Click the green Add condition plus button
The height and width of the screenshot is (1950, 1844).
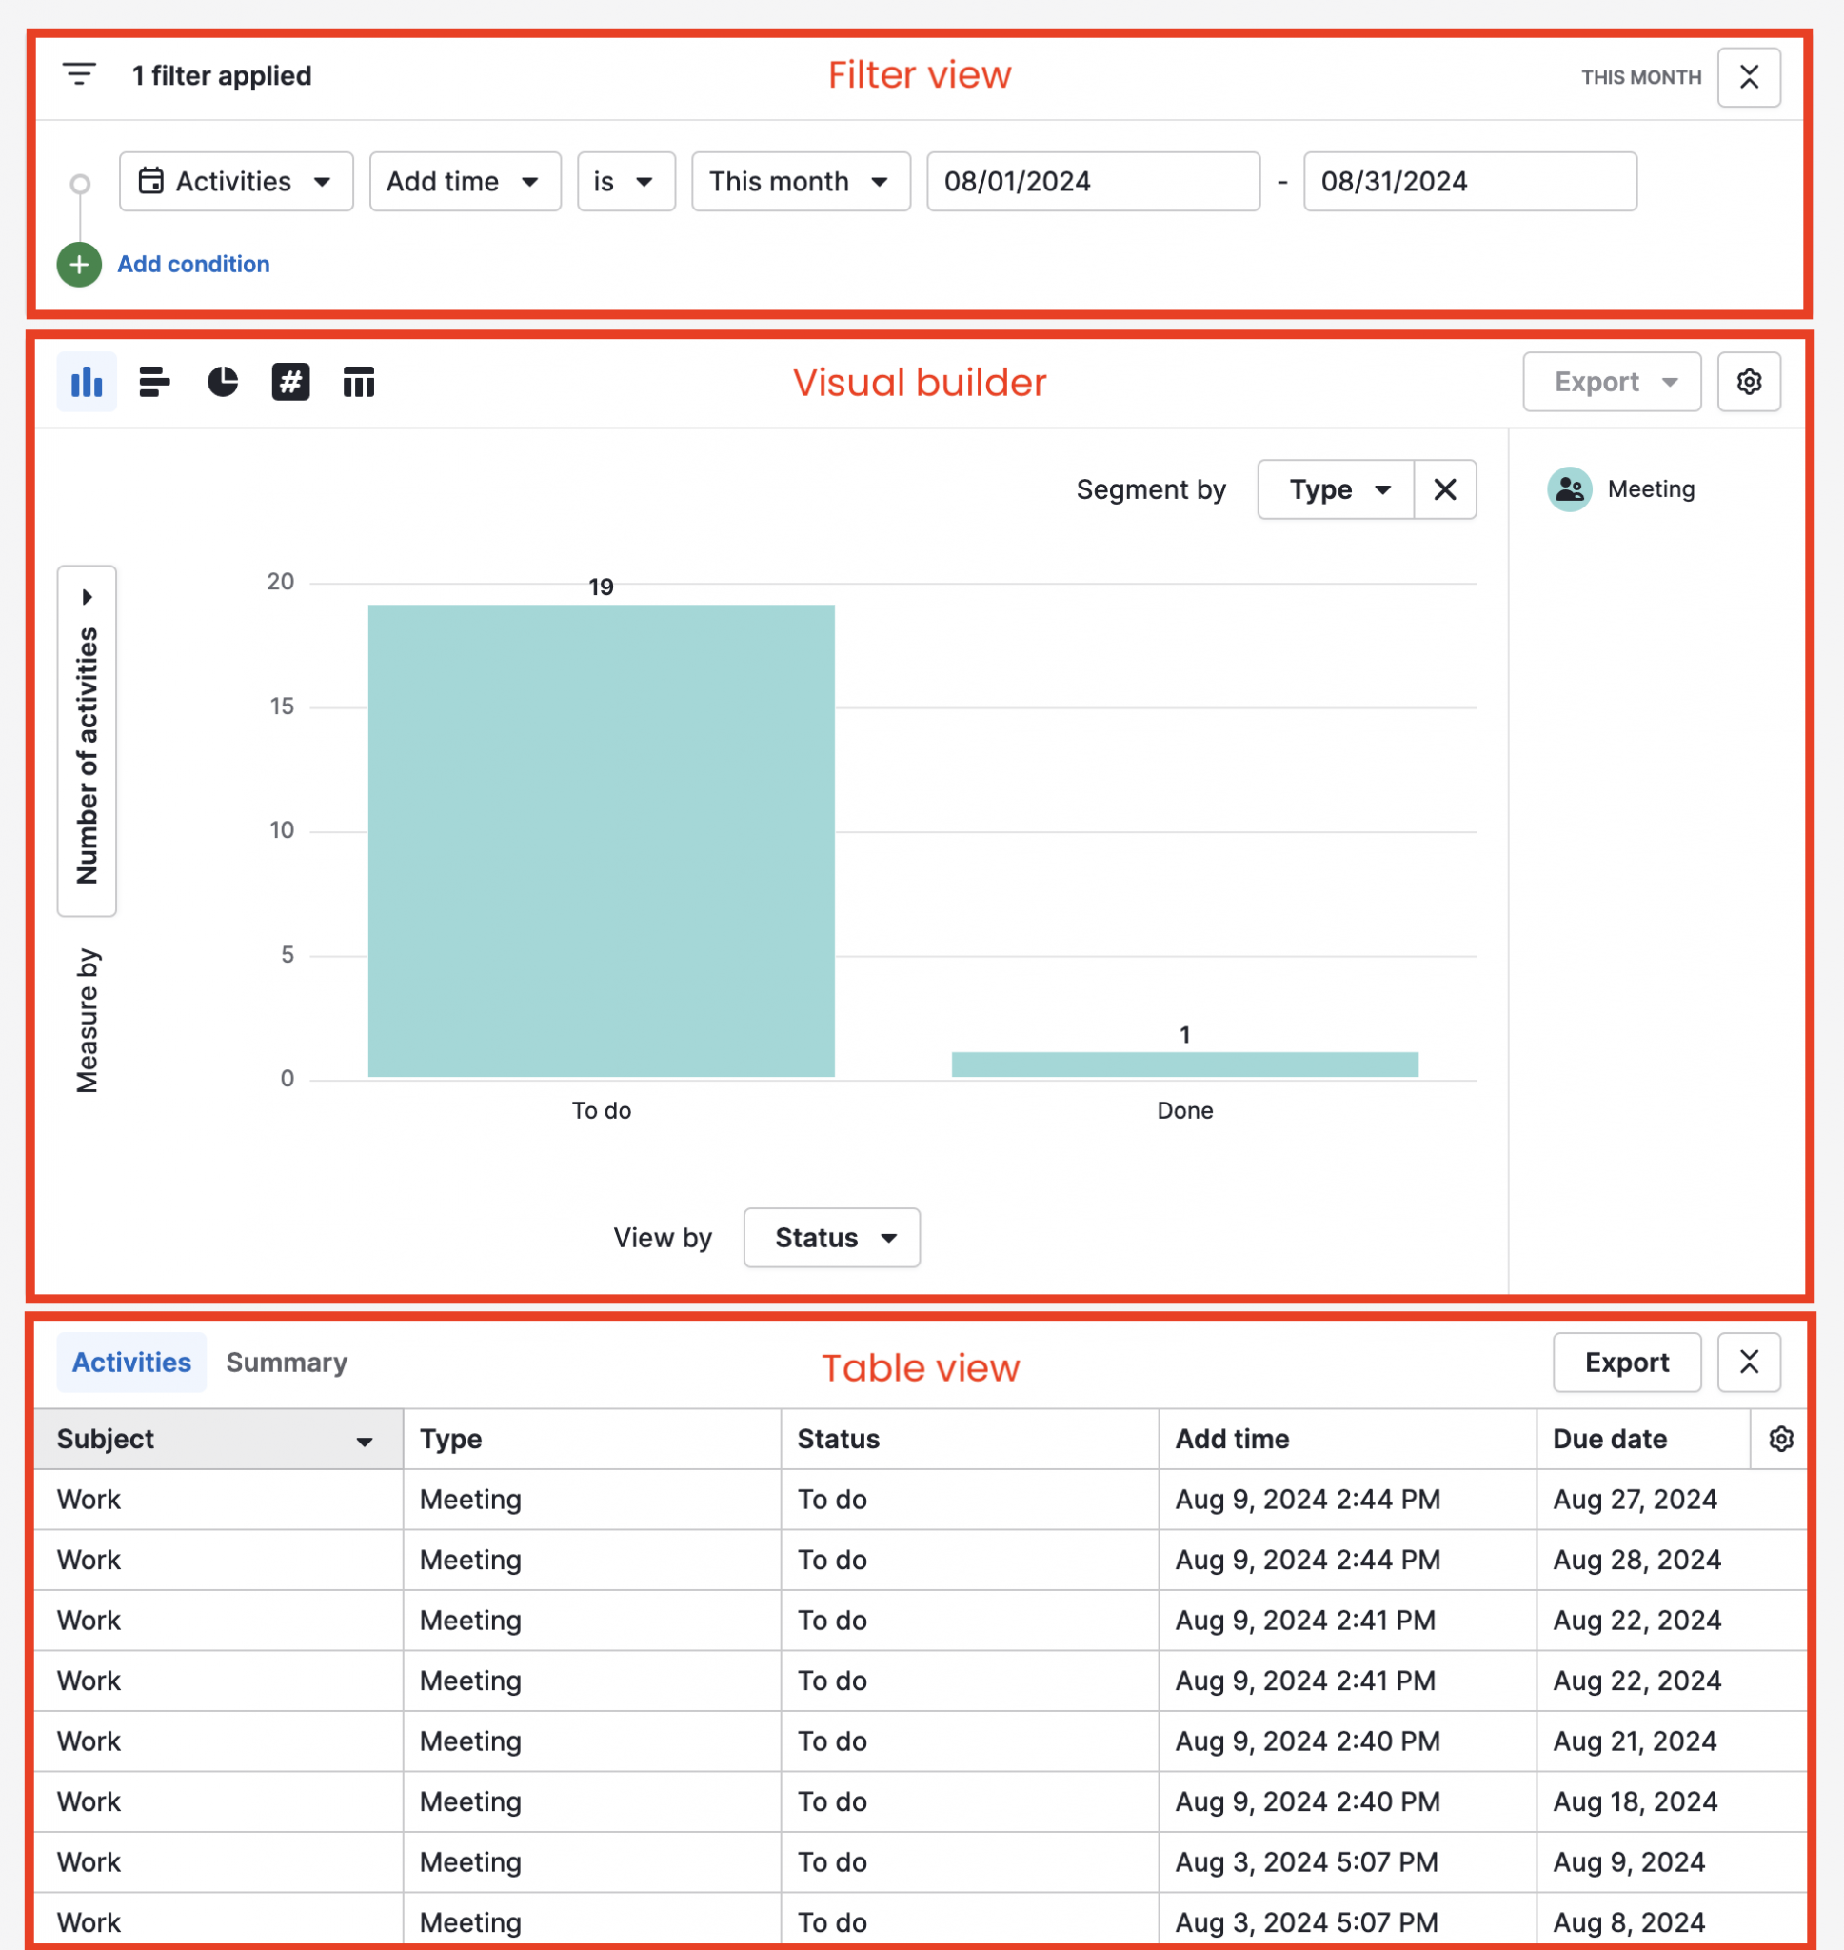pos(79,265)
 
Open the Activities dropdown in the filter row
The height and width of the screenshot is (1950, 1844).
pos(236,182)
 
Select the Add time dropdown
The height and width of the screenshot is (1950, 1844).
pos(464,182)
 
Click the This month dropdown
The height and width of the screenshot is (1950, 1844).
pos(800,182)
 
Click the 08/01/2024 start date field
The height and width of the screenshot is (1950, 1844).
pos(1092,182)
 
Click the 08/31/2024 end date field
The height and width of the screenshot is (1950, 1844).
pos(1469,182)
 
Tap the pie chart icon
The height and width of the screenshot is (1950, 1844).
pos(223,382)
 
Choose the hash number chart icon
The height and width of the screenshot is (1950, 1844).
pos(291,382)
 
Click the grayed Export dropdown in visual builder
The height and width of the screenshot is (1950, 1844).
pos(1611,382)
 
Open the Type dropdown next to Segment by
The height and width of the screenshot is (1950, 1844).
pos(1336,489)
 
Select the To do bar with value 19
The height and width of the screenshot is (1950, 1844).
pos(601,841)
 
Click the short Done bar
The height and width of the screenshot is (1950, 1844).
pos(1184,1065)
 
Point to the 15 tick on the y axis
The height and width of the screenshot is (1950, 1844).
pos(282,706)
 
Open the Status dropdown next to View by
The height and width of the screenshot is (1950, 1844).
pos(832,1238)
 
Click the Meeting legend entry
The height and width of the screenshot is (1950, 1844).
pos(1623,489)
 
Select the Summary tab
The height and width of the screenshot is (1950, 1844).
pos(286,1363)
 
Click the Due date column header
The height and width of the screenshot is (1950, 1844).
pos(1609,1439)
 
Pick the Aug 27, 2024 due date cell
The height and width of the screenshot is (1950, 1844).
pos(1635,1500)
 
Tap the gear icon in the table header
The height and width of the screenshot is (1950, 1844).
pos(1781,1439)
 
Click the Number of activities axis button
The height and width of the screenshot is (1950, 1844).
pos(88,742)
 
